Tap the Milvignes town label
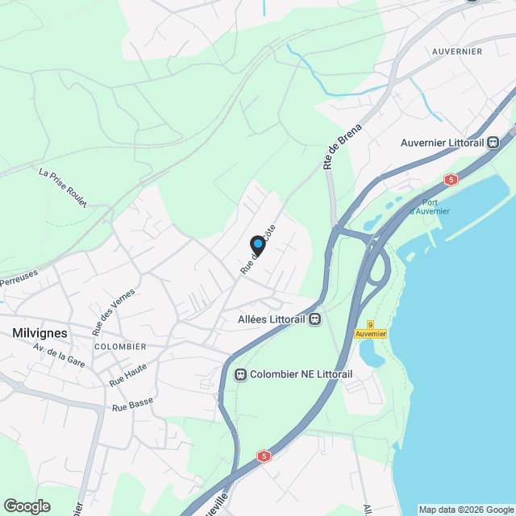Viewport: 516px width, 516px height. click(x=40, y=331)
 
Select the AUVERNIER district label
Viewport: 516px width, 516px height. click(x=457, y=52)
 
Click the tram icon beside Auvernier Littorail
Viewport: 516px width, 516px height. click(x=493, y=143)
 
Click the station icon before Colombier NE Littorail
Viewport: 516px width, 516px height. click(x=239, y=374)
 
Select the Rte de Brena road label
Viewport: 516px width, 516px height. click(x=342, y=146)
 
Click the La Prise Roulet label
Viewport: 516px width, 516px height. click(x=62, y=187)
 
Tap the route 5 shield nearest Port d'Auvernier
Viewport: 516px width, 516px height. click(x=451, y=179)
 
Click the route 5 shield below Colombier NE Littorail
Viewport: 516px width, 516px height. click(x=263, y=456)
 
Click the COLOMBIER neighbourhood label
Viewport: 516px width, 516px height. click(x=120, y=347)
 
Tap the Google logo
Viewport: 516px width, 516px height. click(x=26, y=506)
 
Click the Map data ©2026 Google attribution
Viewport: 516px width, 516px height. click(x=465, y=510)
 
